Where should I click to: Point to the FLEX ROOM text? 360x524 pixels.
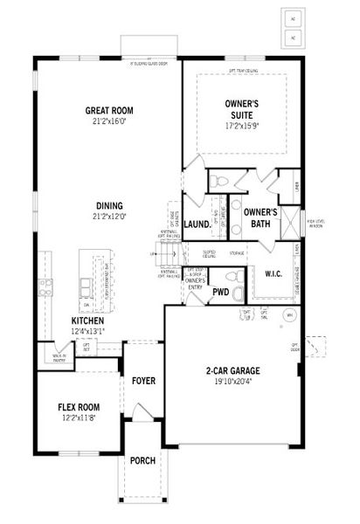pos(79,407)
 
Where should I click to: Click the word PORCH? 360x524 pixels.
pos(142,461)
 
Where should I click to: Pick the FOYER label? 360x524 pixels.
pos(143,381)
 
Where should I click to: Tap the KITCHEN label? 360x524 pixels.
pos(87,321)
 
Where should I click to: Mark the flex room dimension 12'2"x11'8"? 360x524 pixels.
pos(79,418)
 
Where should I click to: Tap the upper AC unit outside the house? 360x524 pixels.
pos(294,17)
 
